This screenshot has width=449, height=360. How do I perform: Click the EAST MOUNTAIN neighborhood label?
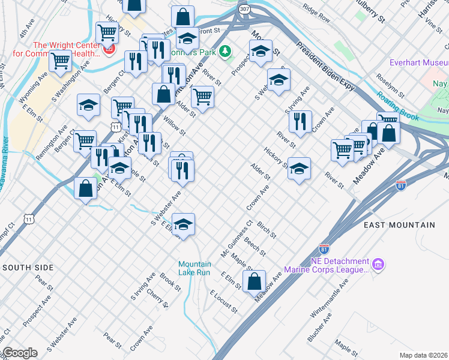(399, 225)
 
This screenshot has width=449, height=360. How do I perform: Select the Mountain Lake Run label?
(194, 268)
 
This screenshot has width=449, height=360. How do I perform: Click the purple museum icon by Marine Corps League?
(378, 264)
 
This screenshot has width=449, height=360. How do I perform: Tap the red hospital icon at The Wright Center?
(109, 49)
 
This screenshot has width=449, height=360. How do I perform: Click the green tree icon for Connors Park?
(226, 52)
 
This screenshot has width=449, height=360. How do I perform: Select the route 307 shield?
(244, 10)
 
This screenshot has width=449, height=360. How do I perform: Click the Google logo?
(20, 352)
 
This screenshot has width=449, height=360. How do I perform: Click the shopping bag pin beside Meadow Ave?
(255, 280)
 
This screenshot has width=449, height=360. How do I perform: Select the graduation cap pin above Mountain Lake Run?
(184, 224)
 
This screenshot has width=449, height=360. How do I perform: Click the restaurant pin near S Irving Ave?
(300, 121)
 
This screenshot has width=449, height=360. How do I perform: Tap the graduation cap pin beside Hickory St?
(299, 169)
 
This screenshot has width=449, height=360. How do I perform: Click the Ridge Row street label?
(316, 14)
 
